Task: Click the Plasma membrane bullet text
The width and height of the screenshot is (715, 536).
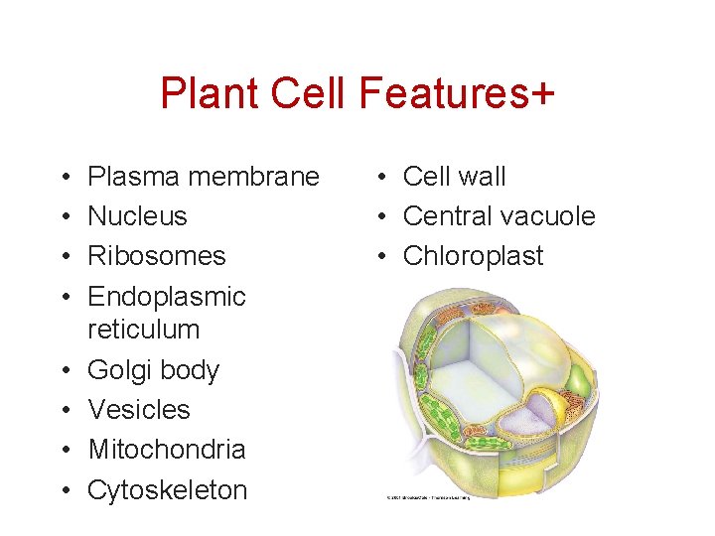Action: [x=204, y=177]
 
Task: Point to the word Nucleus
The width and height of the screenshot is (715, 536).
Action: [x=137, y=216]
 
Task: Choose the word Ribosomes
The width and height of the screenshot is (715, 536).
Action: [x=156, y=256]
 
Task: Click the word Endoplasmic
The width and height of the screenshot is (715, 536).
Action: [x=167, y=296]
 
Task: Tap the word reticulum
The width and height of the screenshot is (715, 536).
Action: [x=143, y=330]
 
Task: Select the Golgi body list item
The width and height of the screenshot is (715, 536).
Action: [x=153, y=370]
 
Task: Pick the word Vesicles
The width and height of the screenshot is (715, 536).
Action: [x=139, y=409]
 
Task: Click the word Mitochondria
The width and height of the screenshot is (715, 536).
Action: [x=167, y=449]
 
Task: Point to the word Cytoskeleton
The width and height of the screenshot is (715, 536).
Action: [x=167, y=489]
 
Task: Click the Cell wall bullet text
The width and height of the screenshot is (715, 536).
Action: [x=454, y=177]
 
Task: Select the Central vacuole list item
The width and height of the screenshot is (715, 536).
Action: [x=499, y=216]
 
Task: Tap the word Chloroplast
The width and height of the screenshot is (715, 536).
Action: [x=473, y=256]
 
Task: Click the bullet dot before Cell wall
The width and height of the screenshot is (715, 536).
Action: [x=380, y=178]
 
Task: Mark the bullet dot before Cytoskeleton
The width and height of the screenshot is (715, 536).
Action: [x=64, y=490]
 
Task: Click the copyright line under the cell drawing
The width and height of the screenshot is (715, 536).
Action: [x=428, y=497]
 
